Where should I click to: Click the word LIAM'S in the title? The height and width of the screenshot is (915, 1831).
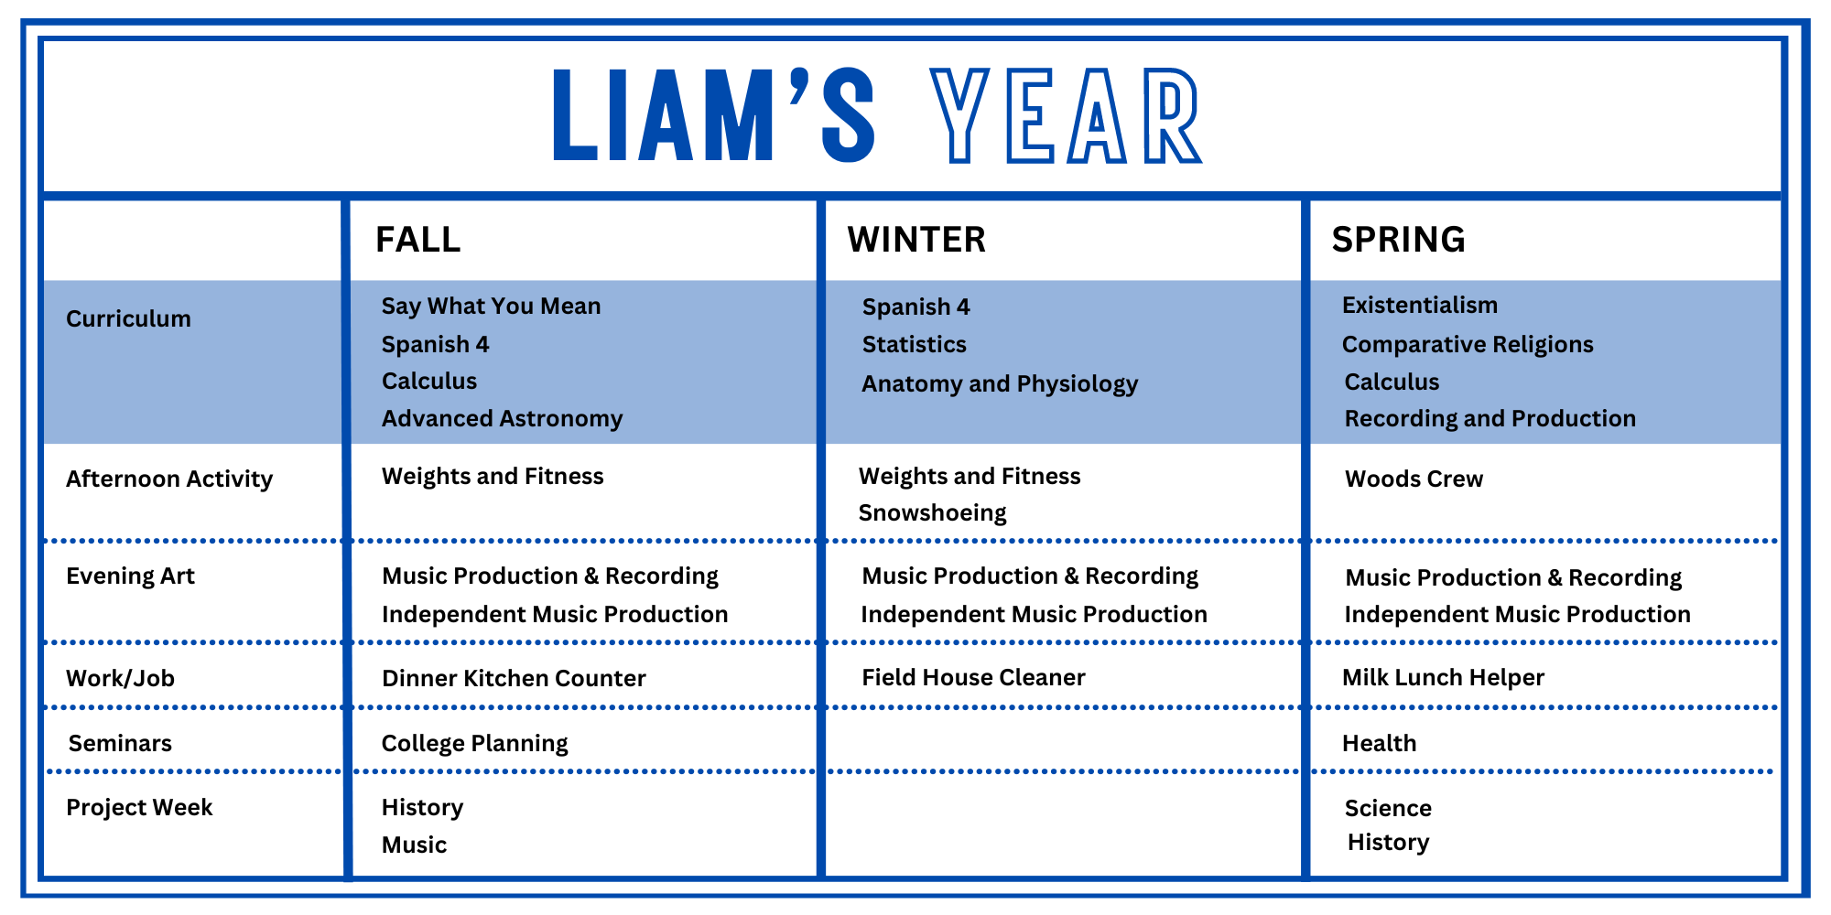tap(714, 115)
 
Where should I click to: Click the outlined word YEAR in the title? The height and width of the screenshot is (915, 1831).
tap(1066, 115)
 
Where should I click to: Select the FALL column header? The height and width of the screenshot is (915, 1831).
tap(418, 240)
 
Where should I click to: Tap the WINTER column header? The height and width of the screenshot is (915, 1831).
tap(916, 240)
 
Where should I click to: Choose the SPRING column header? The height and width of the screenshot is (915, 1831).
tap(1399, 240)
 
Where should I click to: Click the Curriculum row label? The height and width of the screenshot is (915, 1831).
tap(129, 318)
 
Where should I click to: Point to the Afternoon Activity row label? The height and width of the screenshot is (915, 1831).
tap(169, 479)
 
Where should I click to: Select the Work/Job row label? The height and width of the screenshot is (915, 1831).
tap(120, 678)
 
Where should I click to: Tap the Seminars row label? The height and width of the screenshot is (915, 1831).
tap(120, 743)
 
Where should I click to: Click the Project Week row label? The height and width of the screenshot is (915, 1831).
tap(139, 807)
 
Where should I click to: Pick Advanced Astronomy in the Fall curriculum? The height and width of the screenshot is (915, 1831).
tap(502, 419)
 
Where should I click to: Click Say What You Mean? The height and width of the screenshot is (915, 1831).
tap(491, 306)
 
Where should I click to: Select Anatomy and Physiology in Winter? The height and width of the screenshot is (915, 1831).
tap(1000, 383)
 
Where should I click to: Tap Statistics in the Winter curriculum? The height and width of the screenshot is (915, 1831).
tap(915, 344)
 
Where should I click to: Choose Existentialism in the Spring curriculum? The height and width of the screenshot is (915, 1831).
tap(1420, 305)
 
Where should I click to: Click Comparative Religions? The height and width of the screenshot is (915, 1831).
tap(1468, 345)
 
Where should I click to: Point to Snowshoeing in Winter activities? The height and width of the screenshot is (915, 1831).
tap(932, 513)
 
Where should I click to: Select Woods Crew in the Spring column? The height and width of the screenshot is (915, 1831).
tap(1414, 479)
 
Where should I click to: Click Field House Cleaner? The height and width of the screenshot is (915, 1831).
tap(973, 677)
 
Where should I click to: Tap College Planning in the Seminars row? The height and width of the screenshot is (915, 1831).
tap(474, 743)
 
